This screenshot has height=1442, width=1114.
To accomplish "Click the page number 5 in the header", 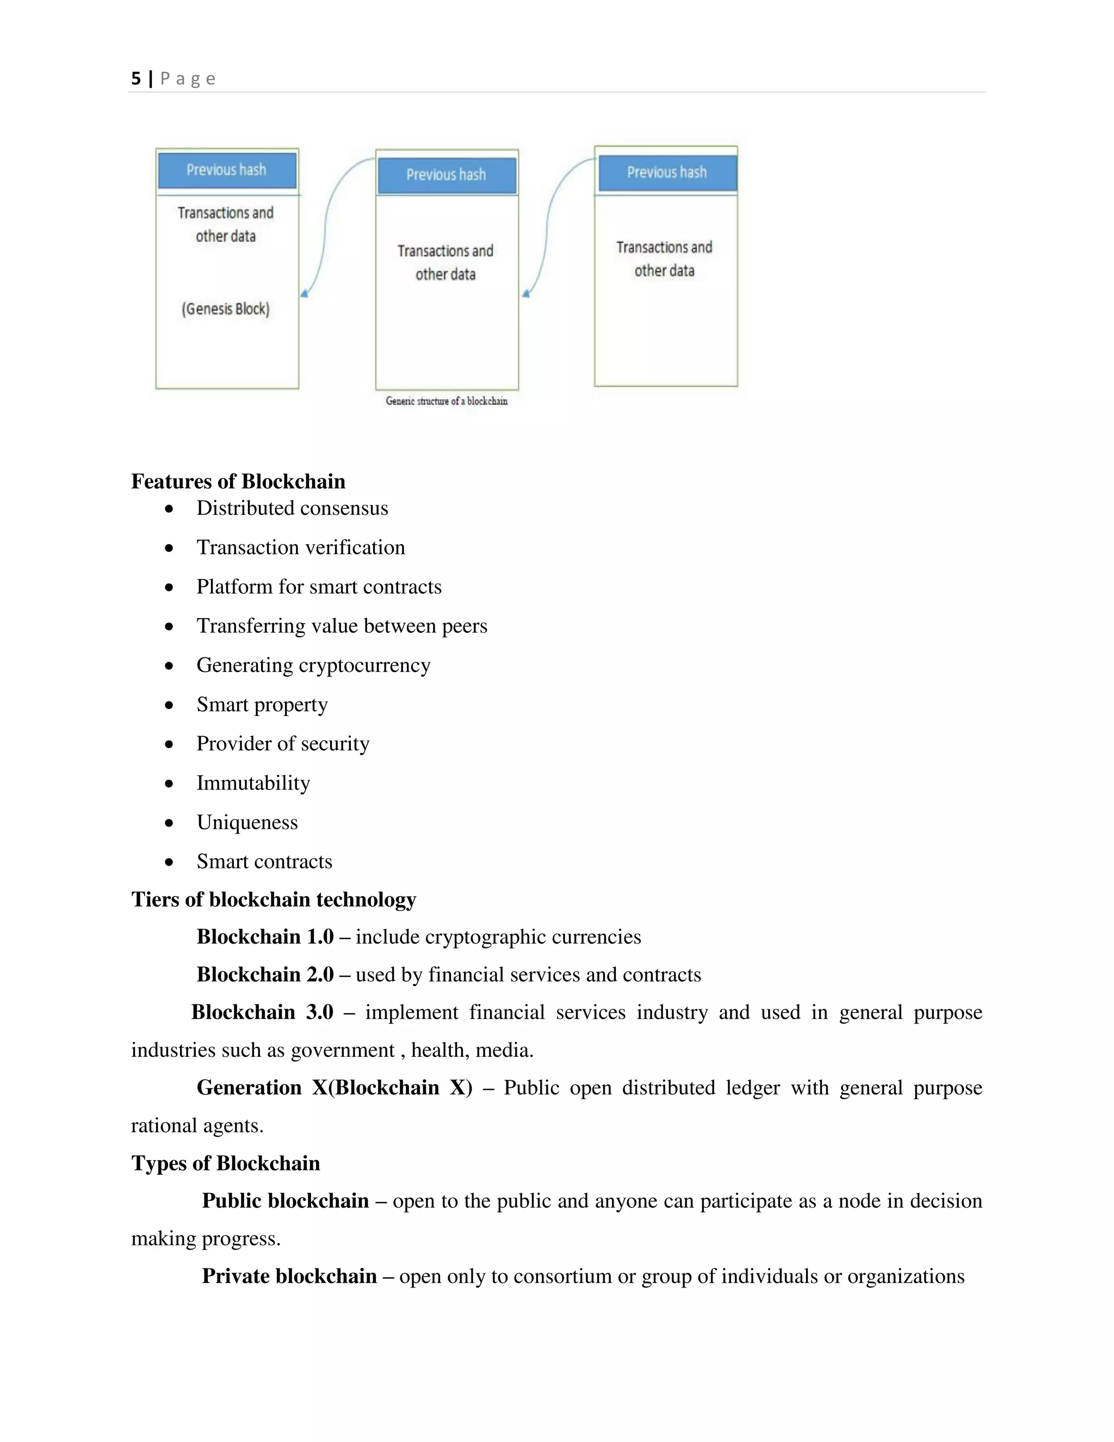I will [136, 78].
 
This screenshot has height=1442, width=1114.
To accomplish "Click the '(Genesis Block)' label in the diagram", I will [226, 309].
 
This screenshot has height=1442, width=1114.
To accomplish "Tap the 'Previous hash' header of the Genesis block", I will [226, 170].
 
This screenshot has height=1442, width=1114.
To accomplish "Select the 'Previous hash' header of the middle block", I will [446, 175].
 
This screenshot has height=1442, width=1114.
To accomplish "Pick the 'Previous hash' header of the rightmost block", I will [666, 172].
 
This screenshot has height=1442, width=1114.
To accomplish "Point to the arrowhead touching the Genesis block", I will [304, 293].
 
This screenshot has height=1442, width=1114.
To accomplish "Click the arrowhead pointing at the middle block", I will [526, 293].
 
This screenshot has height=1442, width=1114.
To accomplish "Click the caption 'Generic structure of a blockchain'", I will [447, 401].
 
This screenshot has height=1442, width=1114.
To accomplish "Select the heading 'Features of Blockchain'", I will [238, 482].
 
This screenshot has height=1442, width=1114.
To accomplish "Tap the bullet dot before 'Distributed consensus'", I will [170, 509].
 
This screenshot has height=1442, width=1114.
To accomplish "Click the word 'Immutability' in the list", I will [253, 783].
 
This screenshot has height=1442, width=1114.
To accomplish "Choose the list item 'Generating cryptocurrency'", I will [313, 665].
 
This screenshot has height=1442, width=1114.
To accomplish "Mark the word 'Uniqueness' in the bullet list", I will [247, 823].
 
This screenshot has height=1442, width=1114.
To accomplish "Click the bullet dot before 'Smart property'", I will [170, 705].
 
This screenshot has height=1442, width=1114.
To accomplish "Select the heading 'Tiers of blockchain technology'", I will [273, 899].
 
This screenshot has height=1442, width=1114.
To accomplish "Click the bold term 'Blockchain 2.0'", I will [265, 975].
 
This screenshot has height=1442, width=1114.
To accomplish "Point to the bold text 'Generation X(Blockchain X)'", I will [334, 1087].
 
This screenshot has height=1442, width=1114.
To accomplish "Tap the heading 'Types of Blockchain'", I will [225, 1163].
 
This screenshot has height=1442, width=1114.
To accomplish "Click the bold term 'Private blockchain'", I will [289, 1275].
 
